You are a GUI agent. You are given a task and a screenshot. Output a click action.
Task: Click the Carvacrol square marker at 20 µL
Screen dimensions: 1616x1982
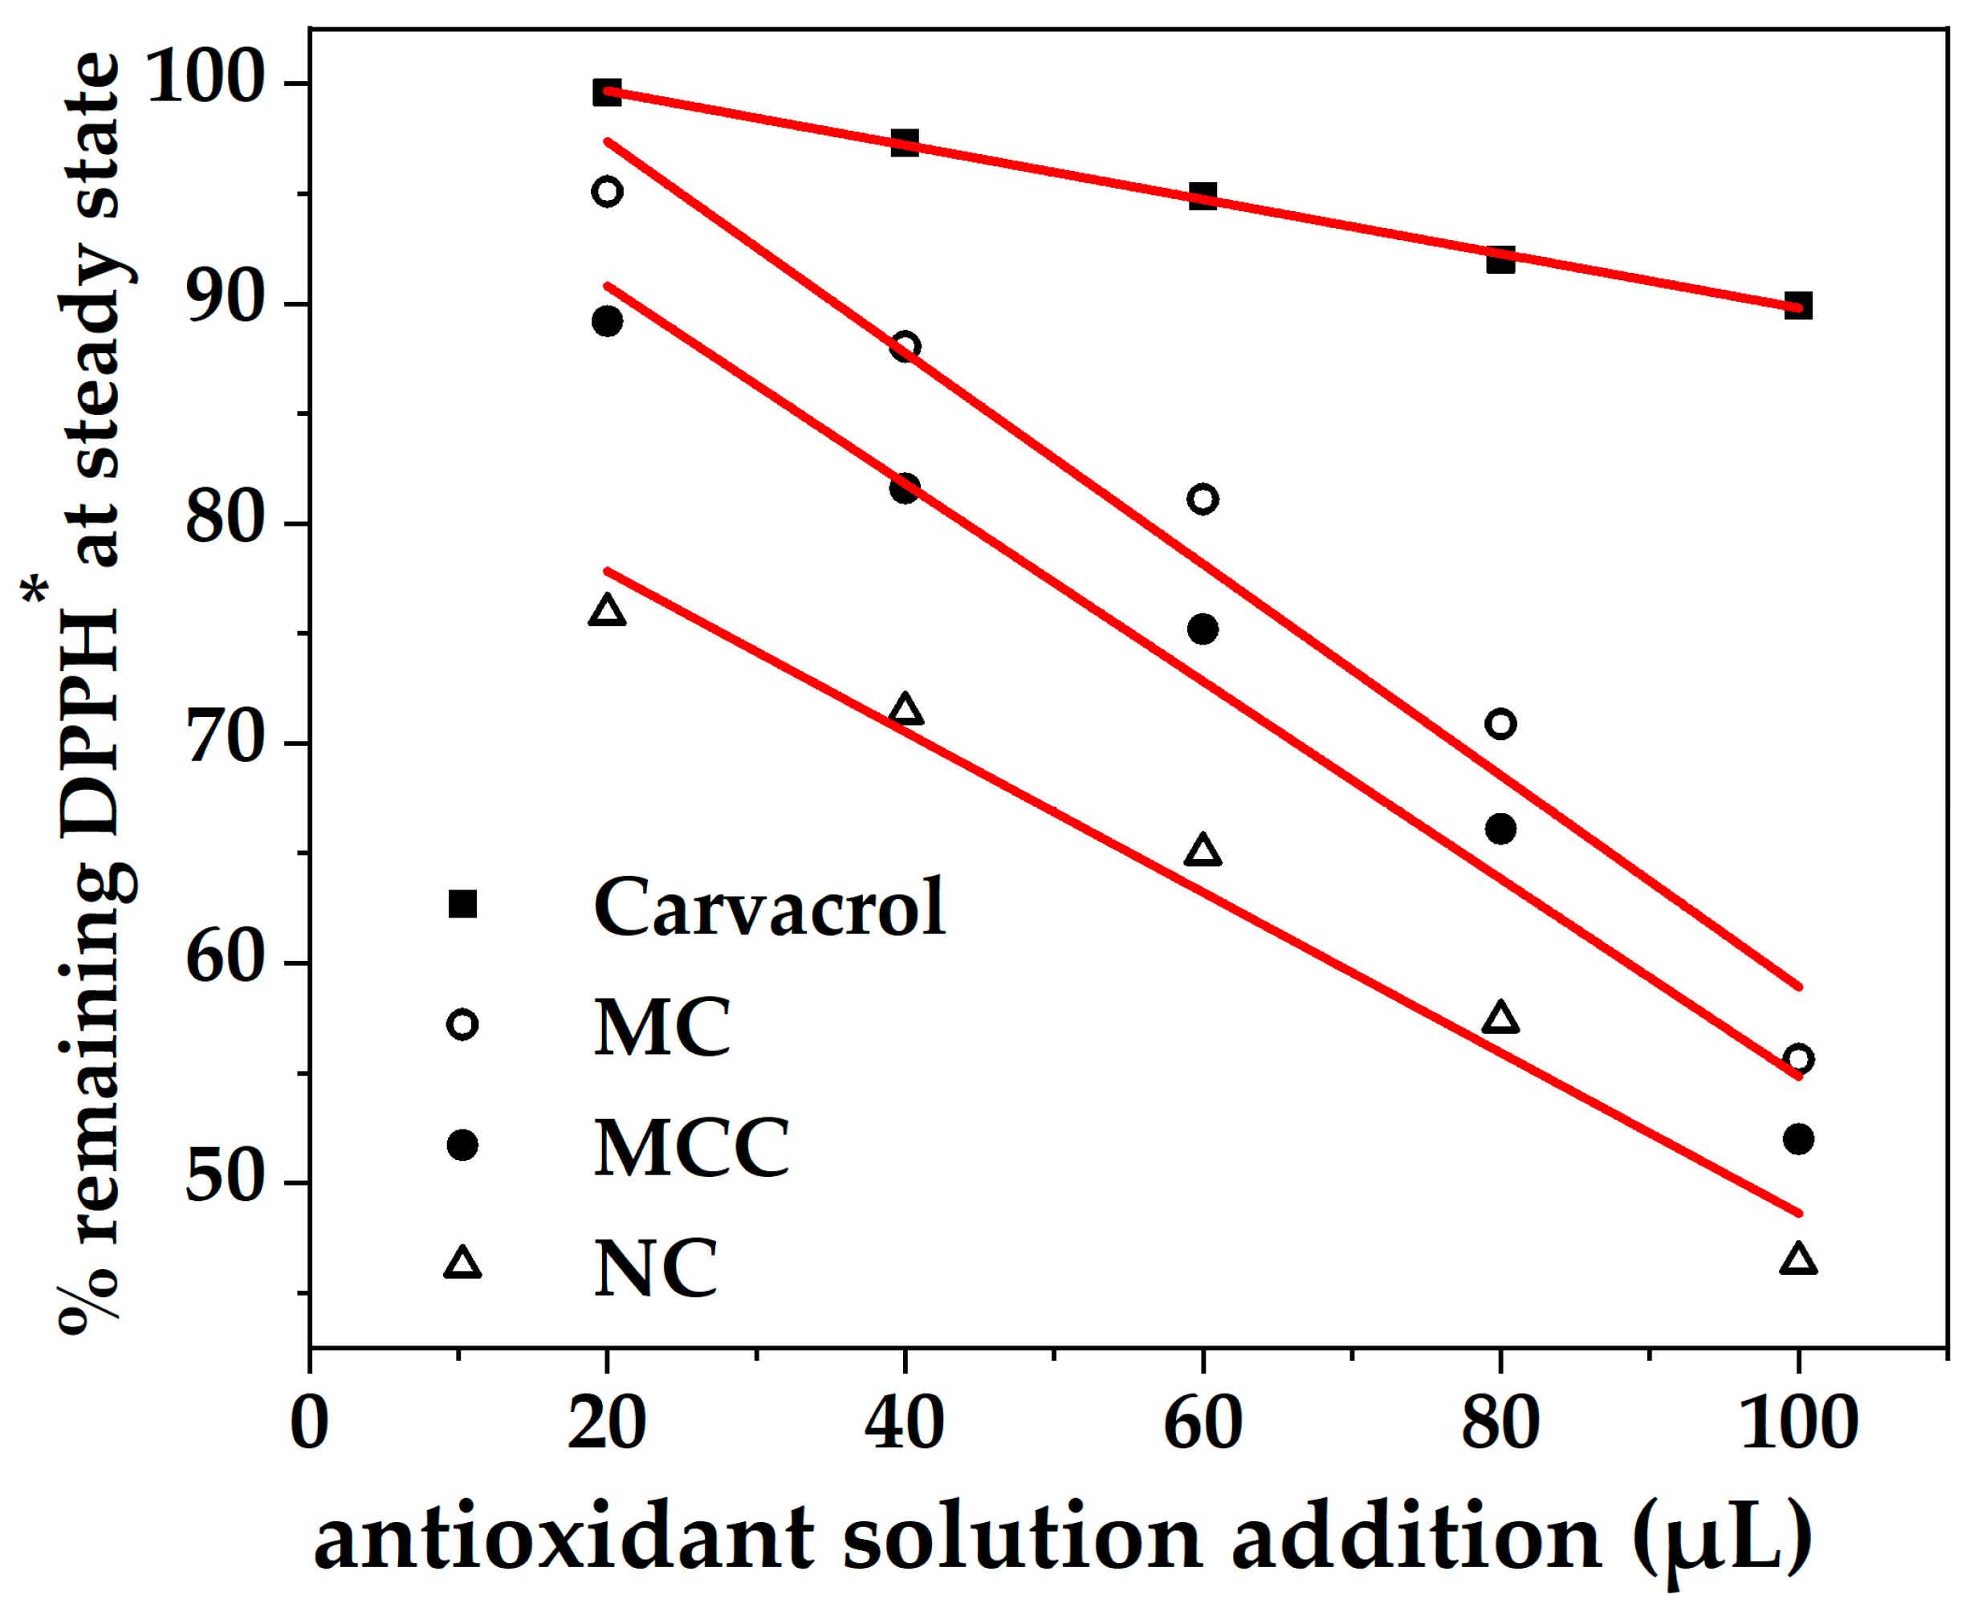click(x=607, y=92)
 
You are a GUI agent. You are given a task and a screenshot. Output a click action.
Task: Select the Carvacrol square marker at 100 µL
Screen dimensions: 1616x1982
click(x=1797, y=305)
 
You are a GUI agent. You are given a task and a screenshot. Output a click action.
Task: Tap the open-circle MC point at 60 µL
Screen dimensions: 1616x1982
click(x=1202, y=499)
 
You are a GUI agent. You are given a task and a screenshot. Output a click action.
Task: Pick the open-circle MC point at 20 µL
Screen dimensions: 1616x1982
click(x=607, y=192)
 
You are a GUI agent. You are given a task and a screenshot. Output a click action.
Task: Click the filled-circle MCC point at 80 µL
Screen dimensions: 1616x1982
click(x=1500, y=828)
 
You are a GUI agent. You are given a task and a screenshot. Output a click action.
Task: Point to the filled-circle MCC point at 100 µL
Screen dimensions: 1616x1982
click(x=1797, y=1138)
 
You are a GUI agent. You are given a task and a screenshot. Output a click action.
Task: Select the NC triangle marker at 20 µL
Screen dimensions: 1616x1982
click(x=607, y=612)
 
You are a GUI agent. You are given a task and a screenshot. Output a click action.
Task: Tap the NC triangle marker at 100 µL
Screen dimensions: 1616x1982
click(x=1797, y=1260)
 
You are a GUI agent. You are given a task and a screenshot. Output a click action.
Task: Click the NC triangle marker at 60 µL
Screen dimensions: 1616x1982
click(x=1202, y=851)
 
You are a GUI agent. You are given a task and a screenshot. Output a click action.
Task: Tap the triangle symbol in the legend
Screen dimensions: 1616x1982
click(x=462, y=1264)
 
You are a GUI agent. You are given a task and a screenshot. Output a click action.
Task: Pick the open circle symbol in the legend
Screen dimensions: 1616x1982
click(x=462, y=1025)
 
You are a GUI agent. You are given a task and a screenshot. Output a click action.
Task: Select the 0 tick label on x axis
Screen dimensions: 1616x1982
click(x=309, y=1423)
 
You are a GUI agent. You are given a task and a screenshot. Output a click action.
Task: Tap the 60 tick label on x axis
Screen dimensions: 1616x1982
click(x=1202, y=1423)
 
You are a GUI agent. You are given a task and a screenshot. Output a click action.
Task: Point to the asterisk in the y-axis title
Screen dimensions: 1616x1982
click(x=35, y=589)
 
